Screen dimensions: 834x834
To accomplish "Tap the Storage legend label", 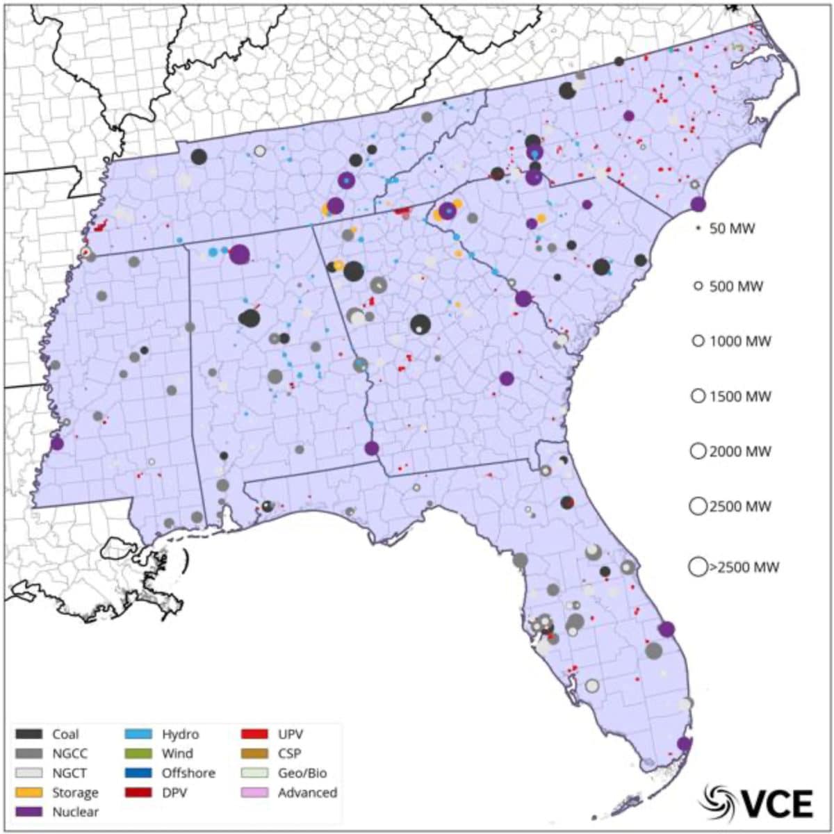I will [75, 792].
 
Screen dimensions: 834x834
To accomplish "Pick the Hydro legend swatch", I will [138, 734].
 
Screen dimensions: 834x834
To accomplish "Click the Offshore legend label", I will [188, 773].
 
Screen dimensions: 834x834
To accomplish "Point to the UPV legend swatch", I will [254, 734].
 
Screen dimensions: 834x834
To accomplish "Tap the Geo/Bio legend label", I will [302, 773].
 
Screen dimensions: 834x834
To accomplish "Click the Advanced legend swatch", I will [254, 792].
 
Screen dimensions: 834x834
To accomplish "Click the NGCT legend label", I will [69, 773].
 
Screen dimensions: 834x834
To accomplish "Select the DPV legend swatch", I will [138, 792].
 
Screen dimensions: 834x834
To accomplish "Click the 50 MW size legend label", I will [732, 229].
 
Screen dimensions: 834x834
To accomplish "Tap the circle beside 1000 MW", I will [698, 341].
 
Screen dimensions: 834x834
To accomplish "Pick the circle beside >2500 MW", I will [698, 567].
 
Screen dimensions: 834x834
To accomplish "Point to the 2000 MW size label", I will [740, 452].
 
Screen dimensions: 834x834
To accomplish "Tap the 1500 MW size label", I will [740, 397].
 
